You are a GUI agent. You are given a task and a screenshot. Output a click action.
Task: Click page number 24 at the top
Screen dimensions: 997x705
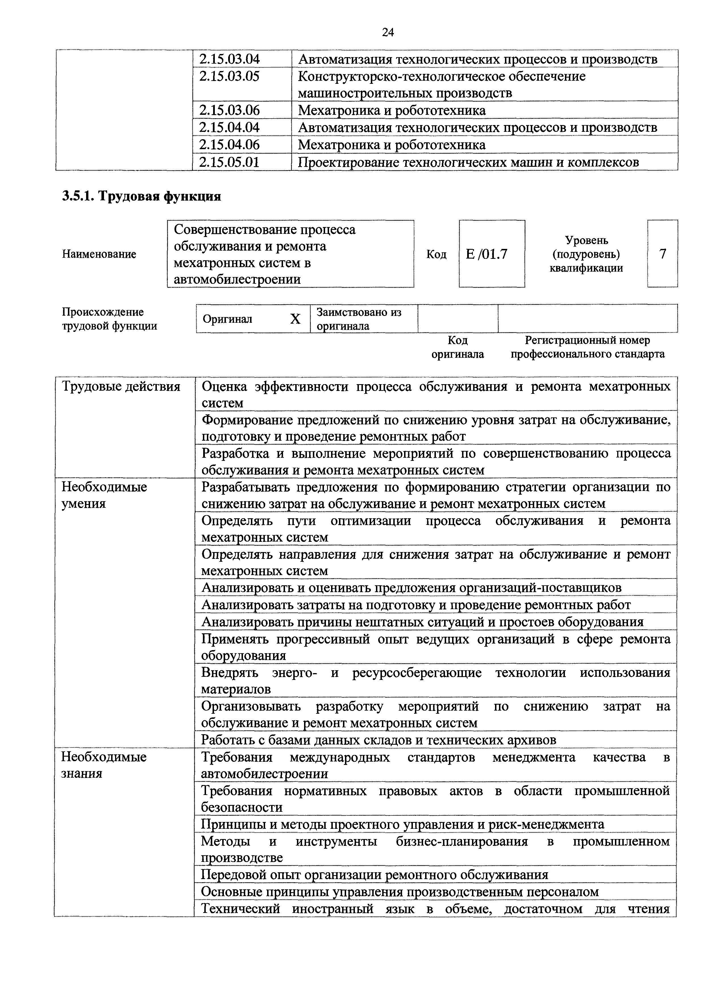tap(388, 32)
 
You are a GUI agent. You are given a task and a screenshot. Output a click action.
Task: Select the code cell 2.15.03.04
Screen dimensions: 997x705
tap(229, 59)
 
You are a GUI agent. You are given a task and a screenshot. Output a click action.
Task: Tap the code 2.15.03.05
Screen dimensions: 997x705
tap(229, 76)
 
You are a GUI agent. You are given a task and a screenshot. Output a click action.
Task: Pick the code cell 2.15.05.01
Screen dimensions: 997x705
tap(229, 163)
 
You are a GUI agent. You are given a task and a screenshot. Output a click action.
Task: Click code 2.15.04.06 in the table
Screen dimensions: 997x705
tap(229, 145)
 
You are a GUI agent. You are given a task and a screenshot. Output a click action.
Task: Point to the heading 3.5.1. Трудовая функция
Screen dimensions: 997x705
tap(142, 196)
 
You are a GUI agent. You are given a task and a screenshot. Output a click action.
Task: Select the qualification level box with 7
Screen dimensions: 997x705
tap(662, 254)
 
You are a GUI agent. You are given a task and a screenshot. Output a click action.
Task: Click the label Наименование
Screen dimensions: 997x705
tap(99, 254)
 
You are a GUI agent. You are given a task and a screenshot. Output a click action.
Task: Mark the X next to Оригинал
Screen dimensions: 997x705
tap(295, 319)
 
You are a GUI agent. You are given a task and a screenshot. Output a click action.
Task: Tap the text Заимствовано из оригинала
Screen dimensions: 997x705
tap(359, 319)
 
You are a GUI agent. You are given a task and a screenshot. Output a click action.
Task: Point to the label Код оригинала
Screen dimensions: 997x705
tap(457, 347)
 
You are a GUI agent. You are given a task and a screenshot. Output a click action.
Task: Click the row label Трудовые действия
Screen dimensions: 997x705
tap(121, 386)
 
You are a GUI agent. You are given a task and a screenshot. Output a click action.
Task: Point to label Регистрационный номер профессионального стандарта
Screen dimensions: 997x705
tap(587, 347)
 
